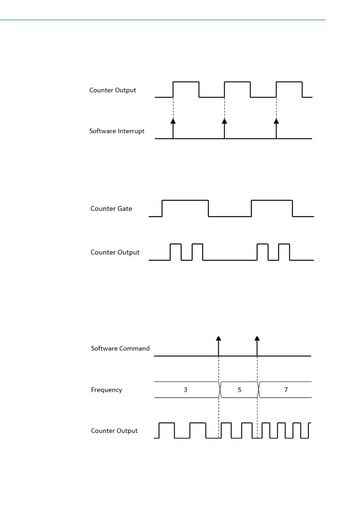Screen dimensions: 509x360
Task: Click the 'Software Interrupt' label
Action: pyautogui.click(x=117, y=131)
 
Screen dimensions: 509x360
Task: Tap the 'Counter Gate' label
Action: pyautogui.click(x=111, y=209)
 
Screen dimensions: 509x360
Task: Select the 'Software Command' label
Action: pyautogui.click(x=120, y=348)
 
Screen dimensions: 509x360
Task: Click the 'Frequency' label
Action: pyautogui.click(x=106, y=390)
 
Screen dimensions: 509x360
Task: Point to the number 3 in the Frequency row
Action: pyautogui.click(x=186, y=390)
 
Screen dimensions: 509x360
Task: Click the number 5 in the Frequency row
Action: pyautogui.click(x=239, y=390)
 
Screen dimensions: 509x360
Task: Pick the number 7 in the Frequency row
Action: pyautogui.click(x=286, y=390)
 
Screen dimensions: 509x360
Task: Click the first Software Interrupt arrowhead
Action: pyautogui.click(x=173, y=121)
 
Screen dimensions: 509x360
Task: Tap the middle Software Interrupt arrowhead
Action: pyautogui.click(x=224, y=121)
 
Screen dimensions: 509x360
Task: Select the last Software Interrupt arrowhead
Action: pyautogui.click(x=276, y=121)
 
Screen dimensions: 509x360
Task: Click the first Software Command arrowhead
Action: pyautogui.click(x=219, y=338)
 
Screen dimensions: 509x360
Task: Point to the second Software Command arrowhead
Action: pyautogui.click(x=257, y=338)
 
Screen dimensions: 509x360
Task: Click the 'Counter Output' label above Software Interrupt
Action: pyautogui.click(x=113, y=90)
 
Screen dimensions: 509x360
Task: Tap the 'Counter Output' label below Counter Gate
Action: pyautogui.click(x=115, y=252)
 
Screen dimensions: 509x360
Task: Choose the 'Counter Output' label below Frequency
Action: pyautogui.click(x=114, y=431)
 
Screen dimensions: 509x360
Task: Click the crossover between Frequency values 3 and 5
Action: pyautogui.click(x=220, y=390)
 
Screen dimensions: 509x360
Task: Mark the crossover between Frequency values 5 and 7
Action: pyautogui.click(x=258, y=390)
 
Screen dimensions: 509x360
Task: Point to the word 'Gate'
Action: pyautogui.click(x=125, y=209)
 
